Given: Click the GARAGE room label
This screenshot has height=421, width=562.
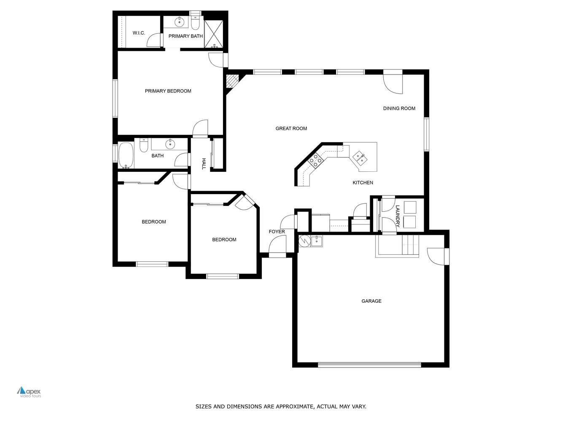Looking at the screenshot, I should (371, 301).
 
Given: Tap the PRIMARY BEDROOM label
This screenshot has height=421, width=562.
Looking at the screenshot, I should (168, 91).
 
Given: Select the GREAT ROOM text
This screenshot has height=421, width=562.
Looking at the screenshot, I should (291, 128).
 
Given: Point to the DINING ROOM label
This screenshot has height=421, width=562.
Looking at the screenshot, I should (399, 108).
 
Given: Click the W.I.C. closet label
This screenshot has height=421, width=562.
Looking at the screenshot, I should (139, 33).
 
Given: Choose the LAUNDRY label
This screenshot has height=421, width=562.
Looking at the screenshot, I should (397, 216).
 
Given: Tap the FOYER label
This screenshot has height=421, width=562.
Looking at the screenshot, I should (277, 232).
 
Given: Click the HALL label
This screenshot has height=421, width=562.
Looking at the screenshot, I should (204, 164).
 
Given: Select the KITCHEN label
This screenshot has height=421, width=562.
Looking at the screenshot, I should (363, 183).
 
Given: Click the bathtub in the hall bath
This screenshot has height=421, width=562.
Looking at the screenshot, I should (126, 155).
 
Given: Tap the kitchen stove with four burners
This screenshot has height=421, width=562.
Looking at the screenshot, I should (316, 160).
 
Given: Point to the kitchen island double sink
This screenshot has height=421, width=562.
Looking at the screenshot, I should (359, 157).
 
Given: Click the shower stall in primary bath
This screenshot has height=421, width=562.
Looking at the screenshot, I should (213, 32).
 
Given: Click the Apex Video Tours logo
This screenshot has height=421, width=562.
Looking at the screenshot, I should (29, 392).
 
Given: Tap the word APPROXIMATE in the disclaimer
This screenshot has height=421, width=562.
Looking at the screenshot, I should (294, 407).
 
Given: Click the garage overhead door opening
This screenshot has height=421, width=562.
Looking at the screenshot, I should (369, 365).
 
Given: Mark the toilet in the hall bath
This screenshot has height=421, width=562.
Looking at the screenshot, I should (143, 146).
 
